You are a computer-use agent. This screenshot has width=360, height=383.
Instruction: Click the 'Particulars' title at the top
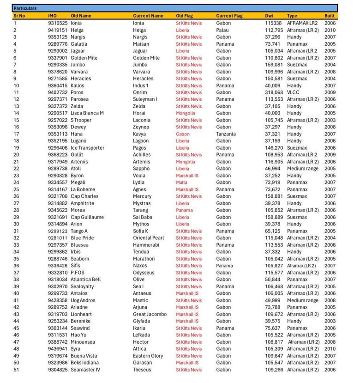coord(25,8)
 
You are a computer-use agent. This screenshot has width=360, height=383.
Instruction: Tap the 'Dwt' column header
coord(269,16)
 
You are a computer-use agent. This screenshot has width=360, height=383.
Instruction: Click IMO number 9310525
coord(58,23)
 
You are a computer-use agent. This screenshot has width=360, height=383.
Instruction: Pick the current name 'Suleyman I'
coord(145,99)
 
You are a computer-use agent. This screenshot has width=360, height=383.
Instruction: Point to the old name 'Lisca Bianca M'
coord(87,113)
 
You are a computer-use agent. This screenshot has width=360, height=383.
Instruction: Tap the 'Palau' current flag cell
coord(222,30)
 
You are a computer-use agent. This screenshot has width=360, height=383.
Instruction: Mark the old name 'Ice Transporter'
coord(87,148)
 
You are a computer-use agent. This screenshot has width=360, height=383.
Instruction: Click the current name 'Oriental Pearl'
coord(148,238)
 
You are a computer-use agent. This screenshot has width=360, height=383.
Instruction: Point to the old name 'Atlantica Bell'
coord(85,280)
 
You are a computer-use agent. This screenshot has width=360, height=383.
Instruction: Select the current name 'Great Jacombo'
coord(150,314)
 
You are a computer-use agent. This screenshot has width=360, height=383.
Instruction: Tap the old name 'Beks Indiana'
coord(84,363)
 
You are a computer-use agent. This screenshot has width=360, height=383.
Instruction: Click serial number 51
coord(16,370)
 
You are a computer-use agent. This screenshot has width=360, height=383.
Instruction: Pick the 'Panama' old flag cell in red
coord(184,210)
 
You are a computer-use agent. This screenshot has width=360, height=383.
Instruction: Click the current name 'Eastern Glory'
coord(148,356)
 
